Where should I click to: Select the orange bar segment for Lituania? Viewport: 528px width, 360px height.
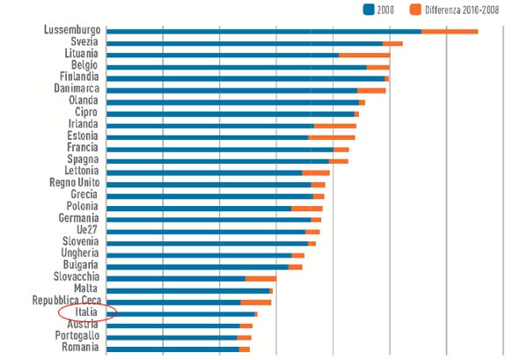click(x=364, y=55)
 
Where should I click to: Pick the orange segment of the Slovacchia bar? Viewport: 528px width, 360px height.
click(x=260, y=278)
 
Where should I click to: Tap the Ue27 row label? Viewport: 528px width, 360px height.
click(x=84, y=230)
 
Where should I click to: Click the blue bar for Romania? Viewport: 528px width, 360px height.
click(x=172, y=349)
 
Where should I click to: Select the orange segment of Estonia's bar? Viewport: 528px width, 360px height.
click(x=332, y=137)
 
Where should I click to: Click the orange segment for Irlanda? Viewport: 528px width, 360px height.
click(x=335, y=125)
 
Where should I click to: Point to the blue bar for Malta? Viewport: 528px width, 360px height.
click(x=187, y=290)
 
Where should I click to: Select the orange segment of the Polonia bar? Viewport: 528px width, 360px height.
click(x=306, y=208)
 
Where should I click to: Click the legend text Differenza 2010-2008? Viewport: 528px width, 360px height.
click(x=462, y=10)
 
